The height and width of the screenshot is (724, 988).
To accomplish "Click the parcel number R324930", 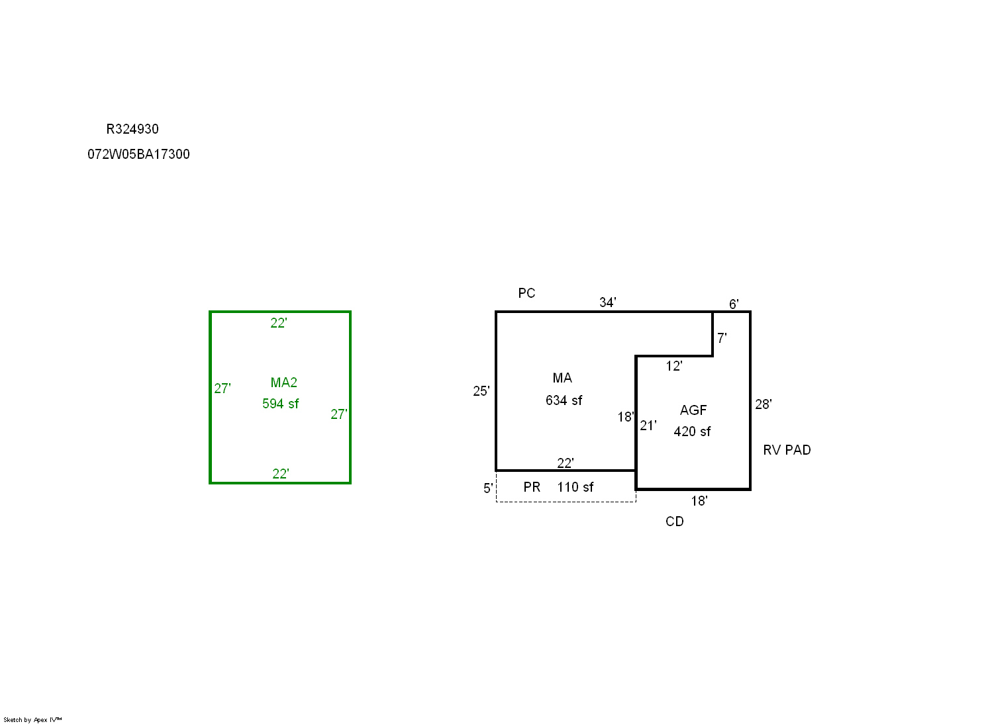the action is [x=132, y=129].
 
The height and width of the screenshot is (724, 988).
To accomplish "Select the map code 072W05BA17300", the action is [x=138, y=154].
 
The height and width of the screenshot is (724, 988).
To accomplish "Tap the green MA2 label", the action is [x=283, y=383].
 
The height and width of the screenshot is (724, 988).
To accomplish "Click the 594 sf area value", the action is [x=281, y=404].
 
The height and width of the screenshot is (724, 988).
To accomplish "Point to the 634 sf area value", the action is [x=564, y=401].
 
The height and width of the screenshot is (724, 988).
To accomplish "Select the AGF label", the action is [x=693, y=410].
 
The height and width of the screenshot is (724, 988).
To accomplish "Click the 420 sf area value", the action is [x=692, y=431].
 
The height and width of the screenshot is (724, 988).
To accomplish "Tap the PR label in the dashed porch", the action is [x=532, y=487].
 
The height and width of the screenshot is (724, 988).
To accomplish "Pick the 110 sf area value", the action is [x=575, y=487].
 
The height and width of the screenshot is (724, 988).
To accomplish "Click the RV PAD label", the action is [x=787, y=450].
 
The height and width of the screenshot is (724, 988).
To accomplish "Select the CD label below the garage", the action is [x=674, y=521].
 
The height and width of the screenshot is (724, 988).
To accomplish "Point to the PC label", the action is [x=526, y=293].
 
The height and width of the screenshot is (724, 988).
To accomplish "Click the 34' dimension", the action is [x=607, y=302].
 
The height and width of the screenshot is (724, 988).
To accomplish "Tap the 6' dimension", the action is [x=734, y=304].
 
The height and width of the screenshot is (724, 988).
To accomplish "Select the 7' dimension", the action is [x=722, y=338].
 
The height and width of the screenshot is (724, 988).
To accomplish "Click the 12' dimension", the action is [x=674, y=366].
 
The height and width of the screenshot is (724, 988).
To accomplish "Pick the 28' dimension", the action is [x=763, y=404].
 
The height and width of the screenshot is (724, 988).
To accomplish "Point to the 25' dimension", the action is [x=481, y=391].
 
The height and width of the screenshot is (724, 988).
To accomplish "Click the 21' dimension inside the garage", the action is [x=648, y=426].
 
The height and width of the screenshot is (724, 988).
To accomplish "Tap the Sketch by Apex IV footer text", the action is [x=32, y=720].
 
